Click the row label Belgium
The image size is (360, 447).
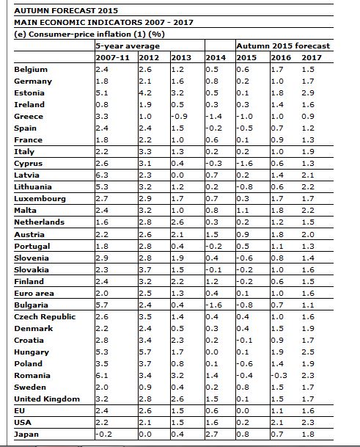click(x=31, y=70)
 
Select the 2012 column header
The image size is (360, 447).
click(x=149, y=57)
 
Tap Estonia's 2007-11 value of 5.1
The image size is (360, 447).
click(x=102, y=93)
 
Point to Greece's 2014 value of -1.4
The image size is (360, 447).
click(x=213, y=116)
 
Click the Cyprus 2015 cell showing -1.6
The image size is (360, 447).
click(x=244, y=164)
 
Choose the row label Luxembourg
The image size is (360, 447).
click(x=40, y=199)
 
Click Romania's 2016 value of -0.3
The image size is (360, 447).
click(x=279, y=376)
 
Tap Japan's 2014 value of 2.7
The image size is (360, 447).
click(x=212, y=435)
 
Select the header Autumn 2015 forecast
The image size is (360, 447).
click(x=283, y=46)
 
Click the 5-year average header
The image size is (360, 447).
click(x=128, y=46)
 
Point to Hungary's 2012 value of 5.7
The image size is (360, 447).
click(x=145, y=352)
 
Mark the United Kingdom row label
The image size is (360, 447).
click(x=47, y=399)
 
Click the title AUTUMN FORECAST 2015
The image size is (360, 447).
click(x=66, y=10)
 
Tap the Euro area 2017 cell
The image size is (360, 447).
click(x=308, y=294)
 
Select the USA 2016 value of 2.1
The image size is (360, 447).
click(x=277, y=423)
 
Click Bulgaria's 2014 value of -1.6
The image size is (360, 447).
click(x=213, y=305)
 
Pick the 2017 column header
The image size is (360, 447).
click(x=312, y=57)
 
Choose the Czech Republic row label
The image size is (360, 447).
click(x=45, y=317)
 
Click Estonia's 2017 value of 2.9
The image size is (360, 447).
click(x=308, y=93)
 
